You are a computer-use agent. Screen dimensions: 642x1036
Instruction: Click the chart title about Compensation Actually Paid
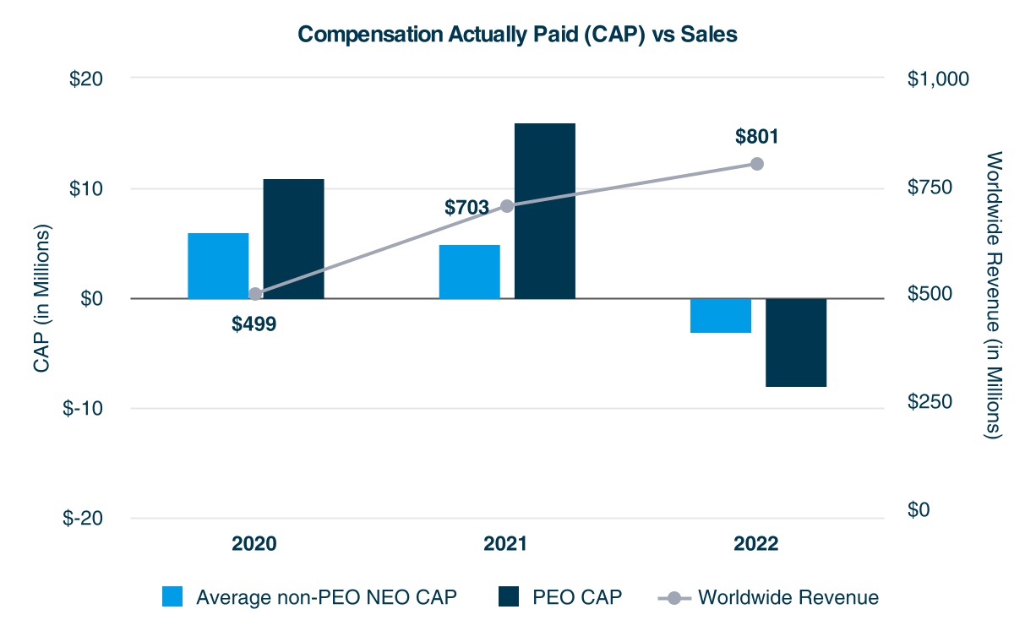click(517, 34)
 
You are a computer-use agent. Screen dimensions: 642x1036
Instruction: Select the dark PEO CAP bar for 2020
click(293, 239)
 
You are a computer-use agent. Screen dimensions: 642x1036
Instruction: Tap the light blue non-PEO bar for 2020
click(218, 265)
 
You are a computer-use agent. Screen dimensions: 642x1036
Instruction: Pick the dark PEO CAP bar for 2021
click(545, 211)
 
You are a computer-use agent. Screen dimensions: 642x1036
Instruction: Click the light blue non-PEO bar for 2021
click(469, 271)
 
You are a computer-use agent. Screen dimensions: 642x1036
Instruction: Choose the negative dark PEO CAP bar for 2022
click(796, 342)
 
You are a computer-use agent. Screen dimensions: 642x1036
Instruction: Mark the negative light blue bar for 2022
click(721, 315)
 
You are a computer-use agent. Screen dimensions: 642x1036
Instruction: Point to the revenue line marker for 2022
click(757, 164)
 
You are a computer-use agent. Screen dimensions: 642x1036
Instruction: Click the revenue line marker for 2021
click(507, 206)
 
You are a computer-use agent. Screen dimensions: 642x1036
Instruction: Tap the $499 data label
click(254, 324)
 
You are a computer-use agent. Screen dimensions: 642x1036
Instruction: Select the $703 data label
click(467, 207)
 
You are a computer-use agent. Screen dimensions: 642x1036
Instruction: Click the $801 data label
click(756, 137)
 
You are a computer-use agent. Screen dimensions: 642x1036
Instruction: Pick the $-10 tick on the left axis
click(83, 408)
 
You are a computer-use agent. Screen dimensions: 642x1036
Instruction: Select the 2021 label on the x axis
click(505, 544)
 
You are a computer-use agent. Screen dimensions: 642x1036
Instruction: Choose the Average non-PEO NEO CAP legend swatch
click(172, 597)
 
